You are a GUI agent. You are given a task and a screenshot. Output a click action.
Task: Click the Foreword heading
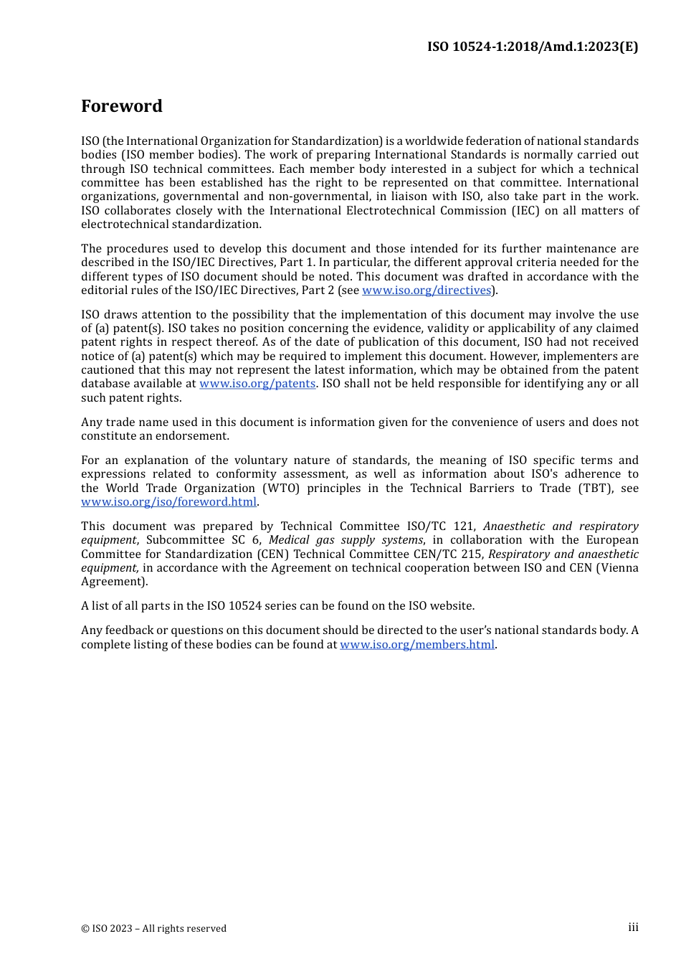click(122, 106)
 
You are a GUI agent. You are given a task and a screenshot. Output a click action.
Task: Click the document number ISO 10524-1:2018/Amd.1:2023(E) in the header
click(532, 47)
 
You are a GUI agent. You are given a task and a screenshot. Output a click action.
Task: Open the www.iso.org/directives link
click(427, 290)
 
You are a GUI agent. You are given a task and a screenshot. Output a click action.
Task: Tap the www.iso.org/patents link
click(257, 384)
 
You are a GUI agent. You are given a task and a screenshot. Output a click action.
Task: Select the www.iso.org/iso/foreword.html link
click(168, 502)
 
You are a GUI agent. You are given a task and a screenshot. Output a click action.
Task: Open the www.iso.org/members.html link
click(416, 644)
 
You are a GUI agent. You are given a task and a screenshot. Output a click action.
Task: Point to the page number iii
click(633, 927)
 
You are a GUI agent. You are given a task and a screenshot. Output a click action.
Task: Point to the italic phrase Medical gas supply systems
click(346, 540)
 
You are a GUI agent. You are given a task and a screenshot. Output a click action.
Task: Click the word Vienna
click(618, 568)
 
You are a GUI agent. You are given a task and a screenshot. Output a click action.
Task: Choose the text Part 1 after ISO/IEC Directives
click(295, 263)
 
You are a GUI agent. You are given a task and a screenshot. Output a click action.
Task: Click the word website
click(452, 606)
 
